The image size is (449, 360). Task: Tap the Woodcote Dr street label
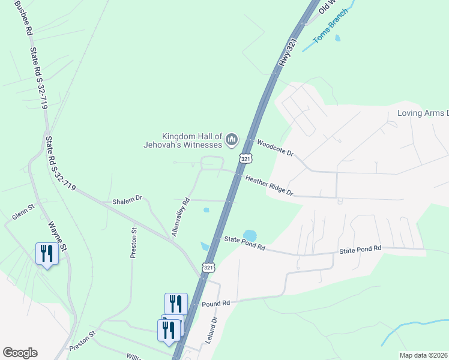tap(275, 148)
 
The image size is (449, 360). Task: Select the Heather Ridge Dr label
tap(269, 185)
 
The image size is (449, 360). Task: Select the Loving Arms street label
tap(423, 113)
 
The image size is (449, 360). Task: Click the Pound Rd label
tap(217, 304)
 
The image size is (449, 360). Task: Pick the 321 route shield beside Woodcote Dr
tap(245, 158)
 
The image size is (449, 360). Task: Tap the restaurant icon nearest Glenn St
tap(46, 253)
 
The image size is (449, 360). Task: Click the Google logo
tap(20, 353)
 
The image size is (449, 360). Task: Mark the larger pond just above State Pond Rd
tap(249, 235)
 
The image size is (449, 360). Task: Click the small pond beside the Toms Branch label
tap(337, 38)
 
